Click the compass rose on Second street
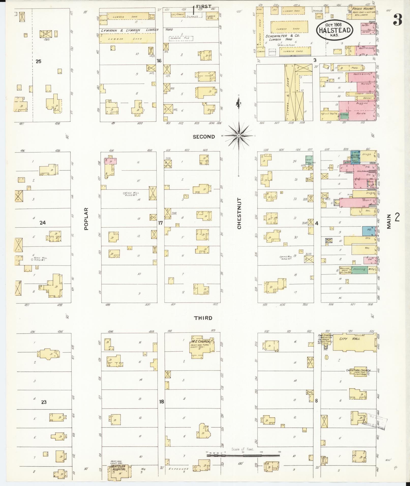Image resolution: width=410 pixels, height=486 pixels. point(239,136)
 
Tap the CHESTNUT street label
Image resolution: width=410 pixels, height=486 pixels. point(239,214)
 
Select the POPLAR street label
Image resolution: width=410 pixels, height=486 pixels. point(86,219)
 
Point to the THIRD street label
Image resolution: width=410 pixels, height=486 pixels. point(203,318)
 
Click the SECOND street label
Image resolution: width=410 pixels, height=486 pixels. point(204,137)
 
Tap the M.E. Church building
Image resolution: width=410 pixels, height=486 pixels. point(202,347)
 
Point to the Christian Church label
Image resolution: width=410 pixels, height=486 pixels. point(358,370)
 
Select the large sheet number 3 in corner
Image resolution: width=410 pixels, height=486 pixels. point(398,20)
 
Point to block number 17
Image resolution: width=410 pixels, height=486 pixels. point(160,223)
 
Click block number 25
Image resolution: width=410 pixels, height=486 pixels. point(38,61)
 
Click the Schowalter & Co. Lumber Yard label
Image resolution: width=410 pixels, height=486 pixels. point(283,37)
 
